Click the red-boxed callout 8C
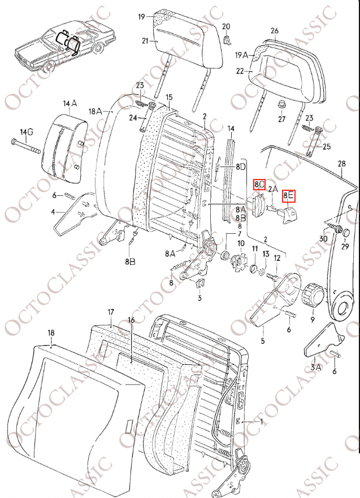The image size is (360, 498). pos(259,184)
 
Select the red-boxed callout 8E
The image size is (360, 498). pos(289,196)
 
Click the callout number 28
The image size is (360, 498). pos(341,164)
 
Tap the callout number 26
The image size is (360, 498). pos(275,30)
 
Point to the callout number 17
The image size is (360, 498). pos(111,312)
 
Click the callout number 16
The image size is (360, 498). pos(131,320)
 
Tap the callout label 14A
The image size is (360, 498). pos(70,103)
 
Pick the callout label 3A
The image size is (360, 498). pos(315,366)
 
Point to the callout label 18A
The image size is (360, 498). pos(94,112)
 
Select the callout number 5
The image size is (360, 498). pos(262,341)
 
